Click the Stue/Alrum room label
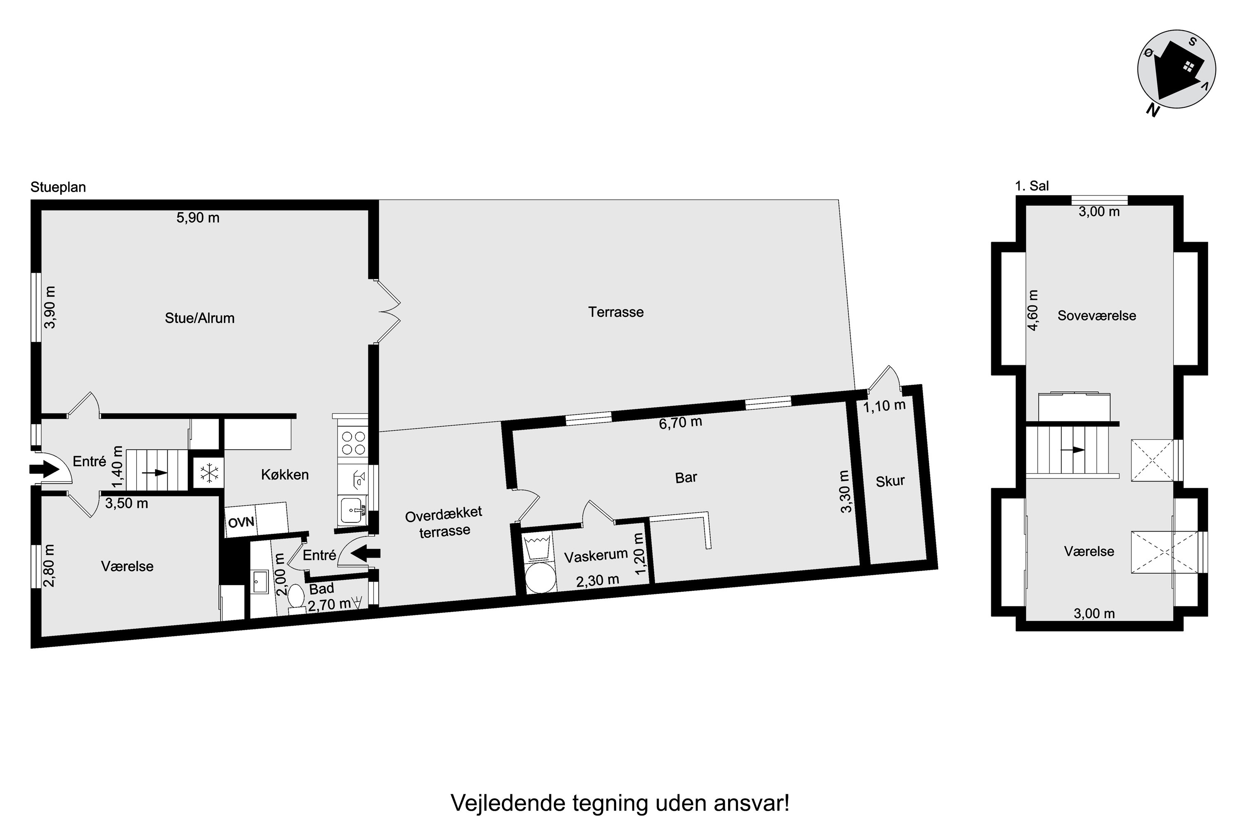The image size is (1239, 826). click(199, 318)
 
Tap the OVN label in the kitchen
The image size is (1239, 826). click(241, 522)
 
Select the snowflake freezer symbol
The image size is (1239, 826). click(209, 472)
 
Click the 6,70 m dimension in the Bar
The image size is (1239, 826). click(681, 422)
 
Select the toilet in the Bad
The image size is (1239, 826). click(296, 599)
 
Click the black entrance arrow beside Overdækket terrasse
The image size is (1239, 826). click(365, 553)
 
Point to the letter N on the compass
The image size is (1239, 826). click(1153, 110)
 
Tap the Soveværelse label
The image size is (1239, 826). click(1097, 316)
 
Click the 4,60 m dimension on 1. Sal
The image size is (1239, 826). click(1034, 310)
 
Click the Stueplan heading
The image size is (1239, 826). click(58, 187)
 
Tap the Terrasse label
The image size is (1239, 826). click(616, 312)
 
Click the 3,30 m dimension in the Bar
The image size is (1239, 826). click(845, 491)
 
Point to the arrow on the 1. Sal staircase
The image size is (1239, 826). click(1073, 450)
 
